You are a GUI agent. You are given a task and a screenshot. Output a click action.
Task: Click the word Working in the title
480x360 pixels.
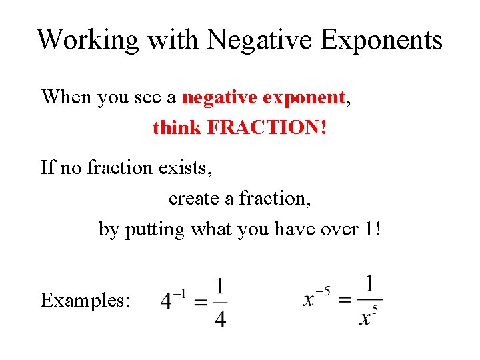click(x=87, y=40)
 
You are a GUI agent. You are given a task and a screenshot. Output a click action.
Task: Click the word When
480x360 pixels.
click(x=67, y=97)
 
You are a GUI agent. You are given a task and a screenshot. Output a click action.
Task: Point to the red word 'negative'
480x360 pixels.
click(x=221, y=98)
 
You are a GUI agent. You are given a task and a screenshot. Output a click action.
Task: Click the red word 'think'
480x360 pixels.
click(x=177, y=127)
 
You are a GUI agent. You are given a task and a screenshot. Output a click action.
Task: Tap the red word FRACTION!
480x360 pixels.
click(x=268, y=127)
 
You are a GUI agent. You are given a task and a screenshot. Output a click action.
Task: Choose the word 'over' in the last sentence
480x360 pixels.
click(x=333, y=229)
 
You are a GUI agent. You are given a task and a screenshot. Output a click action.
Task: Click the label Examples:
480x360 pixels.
click(x=85, y=300)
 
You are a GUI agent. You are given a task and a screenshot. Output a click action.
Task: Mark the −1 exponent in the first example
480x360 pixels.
click(x=180, y=293)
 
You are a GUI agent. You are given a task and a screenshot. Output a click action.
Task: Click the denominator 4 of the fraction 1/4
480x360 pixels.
click(x=219, y=319)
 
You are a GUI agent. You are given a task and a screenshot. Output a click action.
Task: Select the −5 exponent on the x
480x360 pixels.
click(x=324, y=291)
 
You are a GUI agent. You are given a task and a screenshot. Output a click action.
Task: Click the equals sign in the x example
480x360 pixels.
click(x=345, y=301)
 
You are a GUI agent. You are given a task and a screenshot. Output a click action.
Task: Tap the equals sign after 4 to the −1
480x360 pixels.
click(x=199, y=302)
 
